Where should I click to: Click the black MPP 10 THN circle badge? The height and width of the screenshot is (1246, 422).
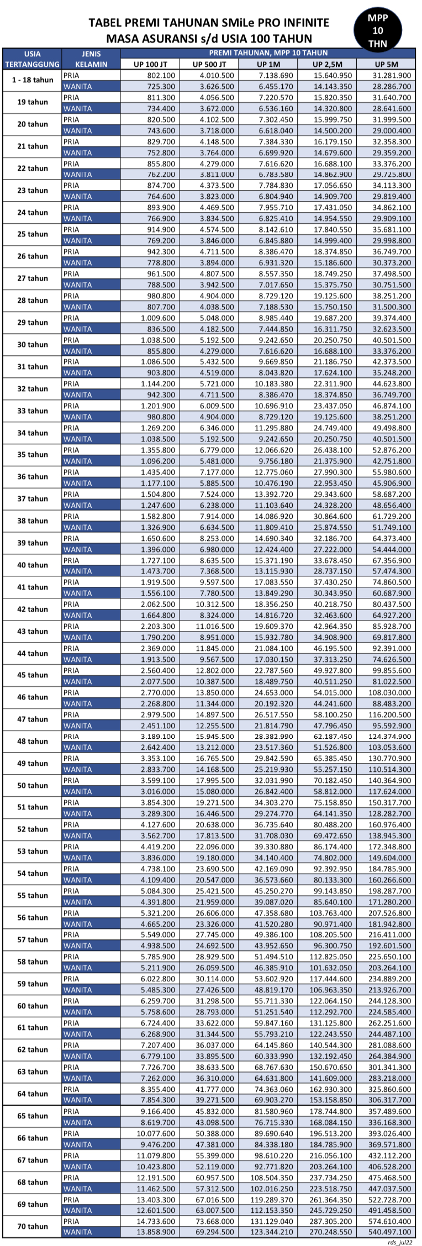(378, 30)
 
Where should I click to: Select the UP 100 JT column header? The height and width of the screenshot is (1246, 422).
(150, 64)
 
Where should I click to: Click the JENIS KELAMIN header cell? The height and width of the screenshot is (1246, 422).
(91, 59)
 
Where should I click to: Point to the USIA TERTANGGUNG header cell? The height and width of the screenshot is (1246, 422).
(32, 59)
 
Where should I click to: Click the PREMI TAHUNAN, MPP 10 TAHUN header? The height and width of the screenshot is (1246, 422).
(268, 53)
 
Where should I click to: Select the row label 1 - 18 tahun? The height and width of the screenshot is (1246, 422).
(32, 80)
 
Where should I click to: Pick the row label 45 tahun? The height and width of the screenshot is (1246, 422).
(32, 675)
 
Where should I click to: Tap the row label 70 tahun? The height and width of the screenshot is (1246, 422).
(32, 1226)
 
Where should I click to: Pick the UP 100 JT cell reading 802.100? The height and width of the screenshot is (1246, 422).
(161, 75)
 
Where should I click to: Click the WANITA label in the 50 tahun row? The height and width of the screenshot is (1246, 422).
(77, 791)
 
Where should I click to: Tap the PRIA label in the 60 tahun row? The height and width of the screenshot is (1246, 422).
(71, 1001)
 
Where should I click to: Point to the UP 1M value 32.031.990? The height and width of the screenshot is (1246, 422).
(273, 781)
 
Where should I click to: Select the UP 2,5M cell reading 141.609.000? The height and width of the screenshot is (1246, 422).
(332, 1078)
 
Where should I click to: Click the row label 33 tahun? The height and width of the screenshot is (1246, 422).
(32, 411)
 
